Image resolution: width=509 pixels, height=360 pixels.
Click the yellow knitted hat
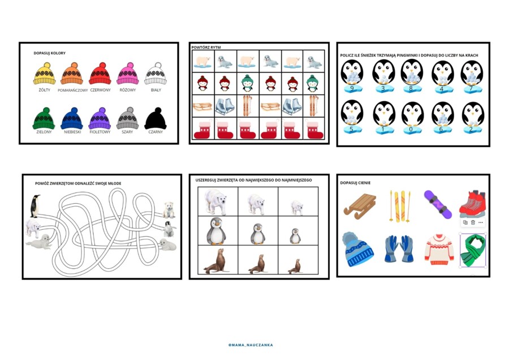click(45, 74)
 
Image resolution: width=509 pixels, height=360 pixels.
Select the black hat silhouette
click(156, 118)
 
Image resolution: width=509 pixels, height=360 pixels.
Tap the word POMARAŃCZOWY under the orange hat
click(73, 91)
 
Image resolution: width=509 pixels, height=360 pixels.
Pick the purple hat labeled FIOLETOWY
click(100, 118)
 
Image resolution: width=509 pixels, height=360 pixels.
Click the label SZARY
click(127, 132)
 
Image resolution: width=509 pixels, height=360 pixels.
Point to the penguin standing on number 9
click(352, 73)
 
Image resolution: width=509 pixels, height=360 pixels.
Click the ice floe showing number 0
click(411, 129)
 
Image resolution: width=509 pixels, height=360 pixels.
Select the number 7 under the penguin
click(471, 88)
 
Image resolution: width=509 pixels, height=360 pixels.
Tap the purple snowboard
click(438, 204)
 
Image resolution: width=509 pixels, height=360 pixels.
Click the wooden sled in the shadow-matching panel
click(359, 205)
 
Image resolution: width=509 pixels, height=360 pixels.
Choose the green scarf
click(473, 250)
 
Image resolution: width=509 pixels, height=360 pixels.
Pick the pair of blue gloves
click(399, 249)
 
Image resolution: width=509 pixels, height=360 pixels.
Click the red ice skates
click(473, 204)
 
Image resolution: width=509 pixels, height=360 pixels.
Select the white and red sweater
click(439, 249)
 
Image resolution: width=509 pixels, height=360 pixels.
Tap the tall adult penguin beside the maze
click(35, 206)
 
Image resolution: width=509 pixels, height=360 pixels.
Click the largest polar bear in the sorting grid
click(215, 202)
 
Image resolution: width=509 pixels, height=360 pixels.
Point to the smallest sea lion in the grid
click(295, 266)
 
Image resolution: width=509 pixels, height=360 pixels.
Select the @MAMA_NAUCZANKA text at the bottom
click(251, 345)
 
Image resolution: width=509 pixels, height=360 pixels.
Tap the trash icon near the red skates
click(473, 222)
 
